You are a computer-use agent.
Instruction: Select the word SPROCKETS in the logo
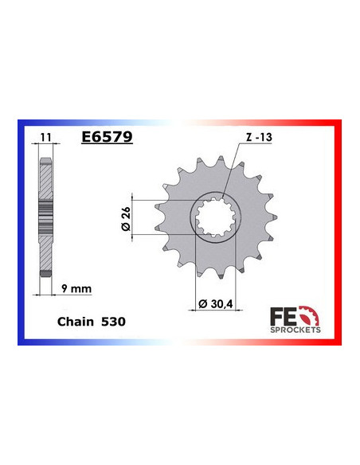295,329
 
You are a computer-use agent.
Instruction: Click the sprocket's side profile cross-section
47,215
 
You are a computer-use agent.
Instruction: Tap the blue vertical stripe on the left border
21,231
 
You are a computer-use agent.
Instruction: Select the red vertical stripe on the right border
338,231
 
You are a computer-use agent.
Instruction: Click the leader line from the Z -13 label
232,171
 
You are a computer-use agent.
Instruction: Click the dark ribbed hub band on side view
47,215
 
